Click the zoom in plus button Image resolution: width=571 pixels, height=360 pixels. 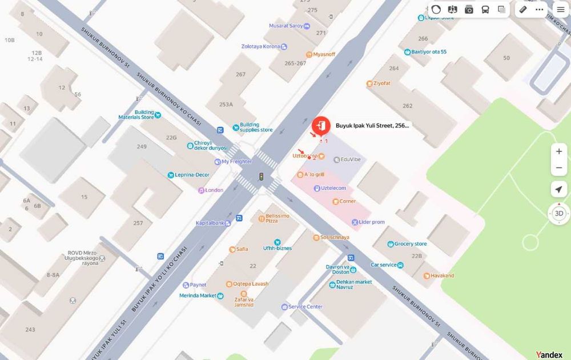(x=559, y=151)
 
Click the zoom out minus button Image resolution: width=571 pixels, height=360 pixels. (x=559, y=168)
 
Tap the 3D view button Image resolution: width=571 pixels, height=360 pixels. (x=559, y=213)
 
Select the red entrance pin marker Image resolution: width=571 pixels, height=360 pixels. (x=321, y=125)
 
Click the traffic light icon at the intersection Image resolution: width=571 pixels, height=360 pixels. (x=261, y=177)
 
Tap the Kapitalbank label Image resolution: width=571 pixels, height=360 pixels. (x=210, y=223)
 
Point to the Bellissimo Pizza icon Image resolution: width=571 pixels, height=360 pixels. (x=261, y=217)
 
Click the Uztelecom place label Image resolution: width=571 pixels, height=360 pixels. (x=333, y=188)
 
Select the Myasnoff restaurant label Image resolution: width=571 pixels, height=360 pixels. (x=324, y=54)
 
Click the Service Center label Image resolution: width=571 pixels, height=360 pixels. (x=305, y=307)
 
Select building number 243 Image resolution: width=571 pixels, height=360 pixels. (x=30, y=329)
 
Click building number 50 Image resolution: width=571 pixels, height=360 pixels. (x=506, y=58)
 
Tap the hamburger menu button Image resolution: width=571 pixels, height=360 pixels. (x=561, y=10)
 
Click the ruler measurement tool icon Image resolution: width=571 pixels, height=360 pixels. (x=523, y=10)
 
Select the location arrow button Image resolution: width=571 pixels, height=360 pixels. (x=559, y=190)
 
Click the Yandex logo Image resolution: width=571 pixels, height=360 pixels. (x=549, y=355)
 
